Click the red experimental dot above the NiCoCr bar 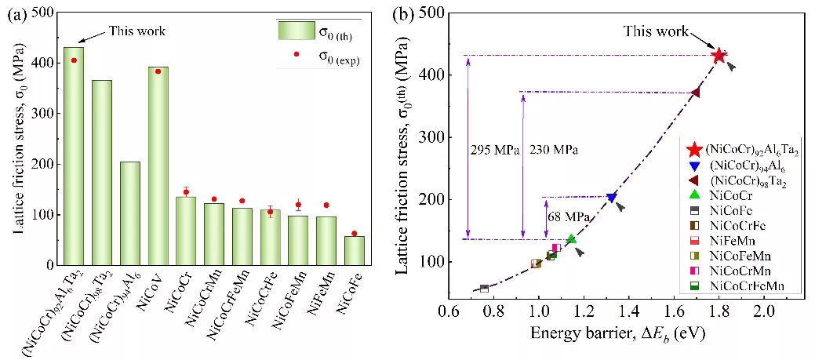(186, 191)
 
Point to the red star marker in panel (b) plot (719, 55)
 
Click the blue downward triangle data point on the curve (612, 198)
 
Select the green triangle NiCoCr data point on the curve (572, 238)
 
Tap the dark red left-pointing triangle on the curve (695, 93)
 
